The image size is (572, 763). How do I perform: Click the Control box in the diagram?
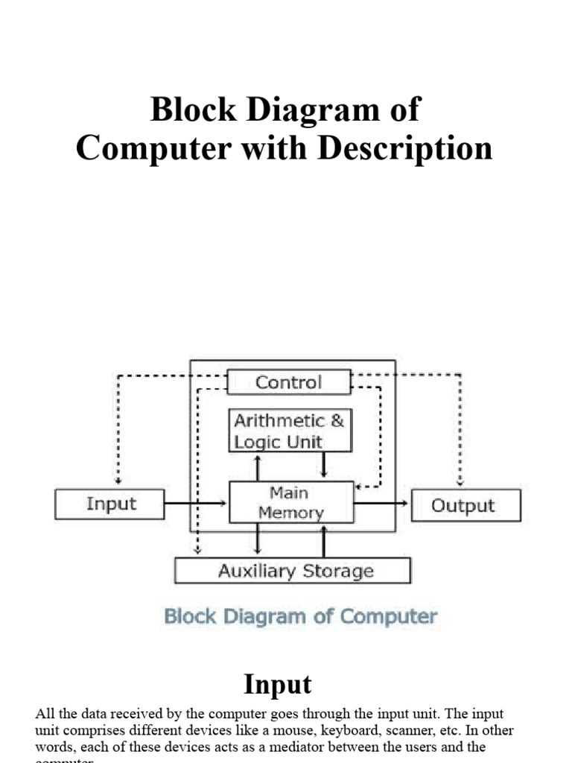pos(289,382)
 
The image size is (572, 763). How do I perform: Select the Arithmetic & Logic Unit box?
pos(289,431)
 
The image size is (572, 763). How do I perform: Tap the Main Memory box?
pos(290,502)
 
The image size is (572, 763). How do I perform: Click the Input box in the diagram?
pos(109,504)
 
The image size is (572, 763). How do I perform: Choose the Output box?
pos(465,505)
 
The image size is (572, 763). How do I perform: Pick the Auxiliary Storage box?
pos(292,571)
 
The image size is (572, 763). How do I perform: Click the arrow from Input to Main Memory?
pos(196,504)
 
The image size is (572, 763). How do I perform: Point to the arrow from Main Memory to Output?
pos(381,504)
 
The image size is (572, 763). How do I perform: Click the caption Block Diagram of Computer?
pos(300,617)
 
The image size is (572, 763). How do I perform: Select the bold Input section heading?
pos(277,683)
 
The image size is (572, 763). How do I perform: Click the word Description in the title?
pos(405,148)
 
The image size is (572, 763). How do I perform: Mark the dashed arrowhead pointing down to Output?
pos(460,481)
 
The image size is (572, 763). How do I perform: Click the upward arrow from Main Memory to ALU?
pos(258,466)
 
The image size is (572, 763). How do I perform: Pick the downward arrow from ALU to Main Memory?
pos(324,466)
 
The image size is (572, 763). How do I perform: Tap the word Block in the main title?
pos(183,110)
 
